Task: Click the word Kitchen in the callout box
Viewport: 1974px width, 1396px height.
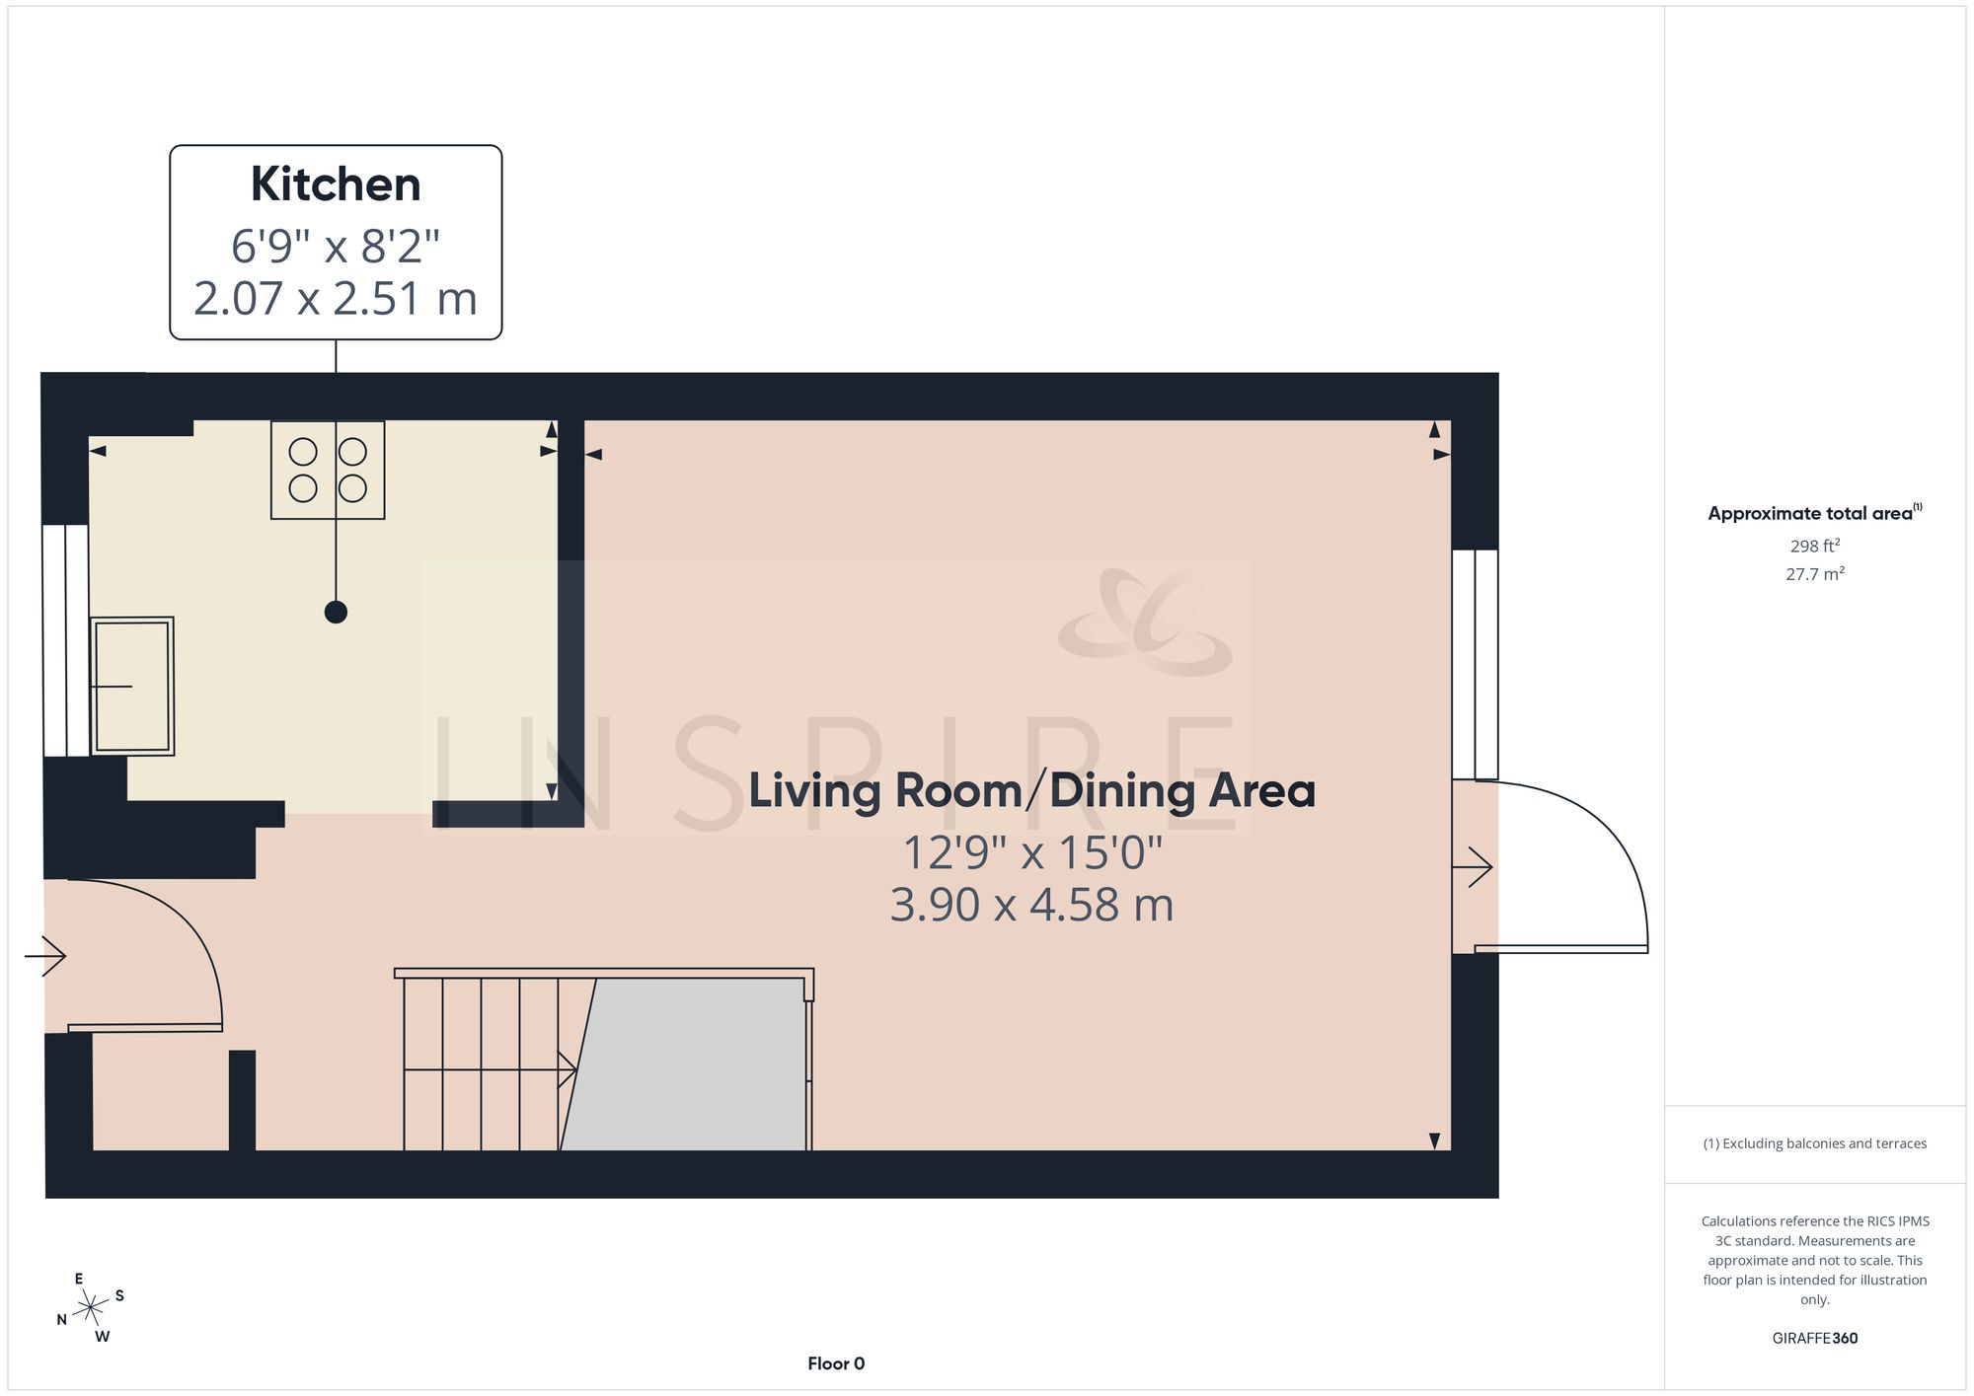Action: point(336,184)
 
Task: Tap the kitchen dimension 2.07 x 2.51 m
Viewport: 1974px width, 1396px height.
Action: point(336,298)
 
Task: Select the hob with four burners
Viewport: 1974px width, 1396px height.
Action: point(328,470)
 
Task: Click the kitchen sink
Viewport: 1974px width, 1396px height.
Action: point(132,686)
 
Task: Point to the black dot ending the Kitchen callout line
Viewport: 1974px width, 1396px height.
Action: point(336,613)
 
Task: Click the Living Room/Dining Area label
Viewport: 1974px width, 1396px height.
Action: point(1032,791)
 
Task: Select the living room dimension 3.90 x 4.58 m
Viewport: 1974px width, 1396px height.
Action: point(1032,905)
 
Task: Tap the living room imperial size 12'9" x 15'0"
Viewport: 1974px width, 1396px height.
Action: point(1032,853)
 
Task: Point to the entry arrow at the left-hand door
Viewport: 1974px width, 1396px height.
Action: point(45,956)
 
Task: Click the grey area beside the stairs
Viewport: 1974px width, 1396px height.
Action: point(683,1065)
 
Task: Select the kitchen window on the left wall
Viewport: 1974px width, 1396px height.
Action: point(66,640)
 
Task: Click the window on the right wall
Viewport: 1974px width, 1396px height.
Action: point(1475,664)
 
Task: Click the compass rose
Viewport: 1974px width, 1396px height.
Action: point(91,1308)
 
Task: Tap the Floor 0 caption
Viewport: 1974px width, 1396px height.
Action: point(836,1363)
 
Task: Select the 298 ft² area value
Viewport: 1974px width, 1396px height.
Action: point(1815,546)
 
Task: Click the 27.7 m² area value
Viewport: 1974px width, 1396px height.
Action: point(1815,573)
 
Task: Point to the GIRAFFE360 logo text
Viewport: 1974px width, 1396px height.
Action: point(1815,1338)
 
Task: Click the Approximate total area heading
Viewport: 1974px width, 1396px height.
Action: point(1815,512)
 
